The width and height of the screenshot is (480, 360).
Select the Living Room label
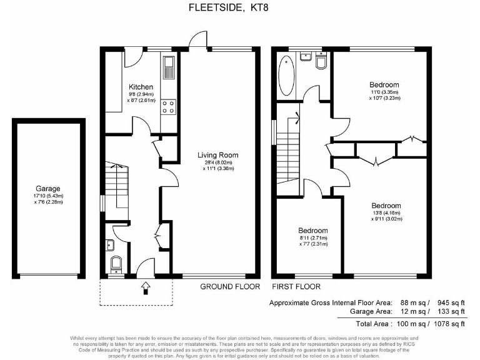(218, 155)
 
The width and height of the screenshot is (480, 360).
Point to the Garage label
(47, 187)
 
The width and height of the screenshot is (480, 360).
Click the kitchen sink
(169, 64)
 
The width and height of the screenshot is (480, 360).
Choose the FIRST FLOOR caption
(296, 287)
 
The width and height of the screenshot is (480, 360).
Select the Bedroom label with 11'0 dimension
(384, 84)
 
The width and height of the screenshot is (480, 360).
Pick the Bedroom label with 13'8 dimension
(386, 205)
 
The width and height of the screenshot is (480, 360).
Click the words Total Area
(374, 323)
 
